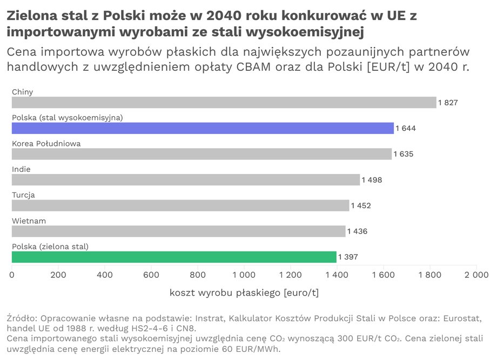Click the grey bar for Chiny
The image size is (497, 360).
[x=224, y=103]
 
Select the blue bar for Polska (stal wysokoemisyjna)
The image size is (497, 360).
[x=203, y=128]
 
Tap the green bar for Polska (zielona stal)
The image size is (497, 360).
[x=174, y=257]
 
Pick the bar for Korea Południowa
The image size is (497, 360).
[x=202, y=154]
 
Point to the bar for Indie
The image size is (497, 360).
[x=185, y=180]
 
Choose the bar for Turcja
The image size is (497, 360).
[x=180, y=205]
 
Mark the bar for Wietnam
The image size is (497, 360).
[x=178, y=231]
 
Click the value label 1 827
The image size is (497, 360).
[x=448, y=103]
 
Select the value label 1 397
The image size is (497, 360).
[x=348, y=257]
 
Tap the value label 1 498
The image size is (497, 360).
[x=372, y=180]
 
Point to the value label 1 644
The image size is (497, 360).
[x=406, y=128]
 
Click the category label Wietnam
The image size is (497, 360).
[x=29, y=221]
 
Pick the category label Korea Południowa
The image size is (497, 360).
[x=46, y=143]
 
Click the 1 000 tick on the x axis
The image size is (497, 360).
[x=244, y=275]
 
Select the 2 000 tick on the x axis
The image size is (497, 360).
[x=476, y=275]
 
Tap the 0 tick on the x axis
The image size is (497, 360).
[x=12, y=275]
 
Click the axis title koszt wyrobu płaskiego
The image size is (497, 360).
[x=244, y=292]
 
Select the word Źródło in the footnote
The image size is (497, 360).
[x=21, y=318]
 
